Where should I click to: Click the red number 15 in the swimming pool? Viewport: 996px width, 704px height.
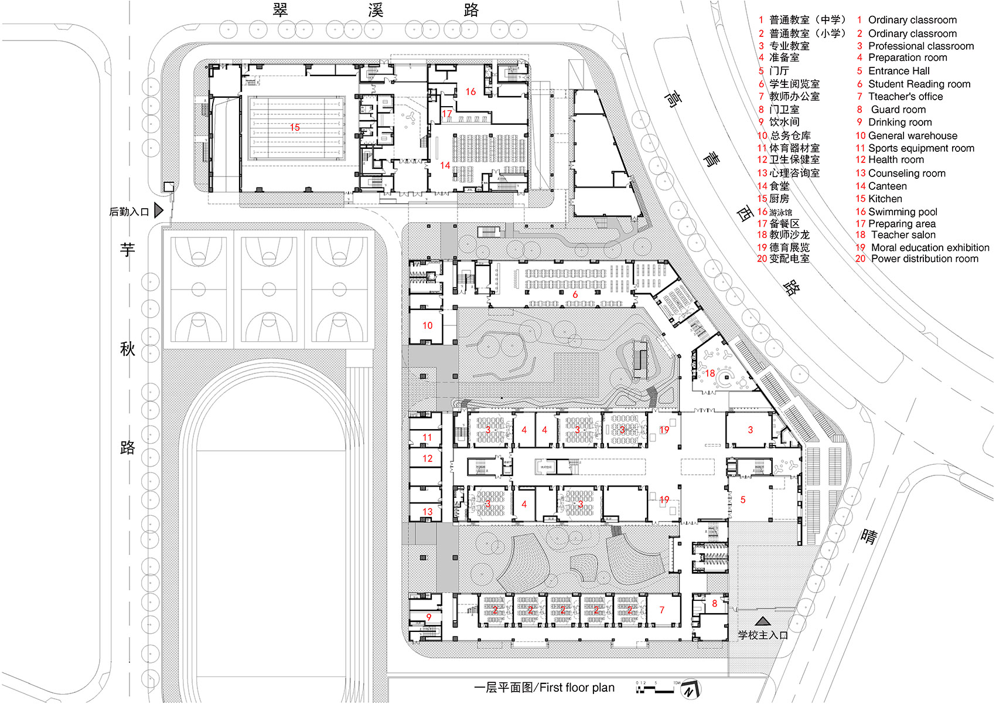(295, 127)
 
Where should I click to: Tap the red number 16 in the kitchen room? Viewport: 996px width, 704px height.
(470, 91)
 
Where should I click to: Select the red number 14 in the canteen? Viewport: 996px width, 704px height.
(445, 165)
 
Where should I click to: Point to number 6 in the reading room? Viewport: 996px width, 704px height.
(575, 294)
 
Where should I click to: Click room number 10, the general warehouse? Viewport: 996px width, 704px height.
(427, 325)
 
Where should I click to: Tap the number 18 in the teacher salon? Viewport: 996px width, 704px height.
(710, 373)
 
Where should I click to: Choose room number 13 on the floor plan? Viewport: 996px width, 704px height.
(427, 512)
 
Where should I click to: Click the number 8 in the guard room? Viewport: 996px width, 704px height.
(714, 603)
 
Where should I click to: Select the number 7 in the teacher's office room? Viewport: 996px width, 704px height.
(662, 610)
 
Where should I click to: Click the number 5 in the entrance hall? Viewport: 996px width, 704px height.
(743, 500)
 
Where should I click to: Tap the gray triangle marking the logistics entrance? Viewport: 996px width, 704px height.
(158, 210)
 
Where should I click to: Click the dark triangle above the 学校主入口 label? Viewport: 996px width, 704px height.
(762, 621)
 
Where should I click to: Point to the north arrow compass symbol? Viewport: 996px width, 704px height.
(691, 689)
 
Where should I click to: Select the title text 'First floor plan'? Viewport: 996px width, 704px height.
(577, 688)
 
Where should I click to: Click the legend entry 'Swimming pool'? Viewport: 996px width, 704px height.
(902, 212)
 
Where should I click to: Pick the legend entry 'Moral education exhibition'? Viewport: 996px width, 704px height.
(930, 247)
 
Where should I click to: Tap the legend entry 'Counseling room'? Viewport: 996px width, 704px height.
(906, 173)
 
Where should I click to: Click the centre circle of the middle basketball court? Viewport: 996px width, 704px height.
(269, 289)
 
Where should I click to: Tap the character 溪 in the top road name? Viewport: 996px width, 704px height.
(376, 10)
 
